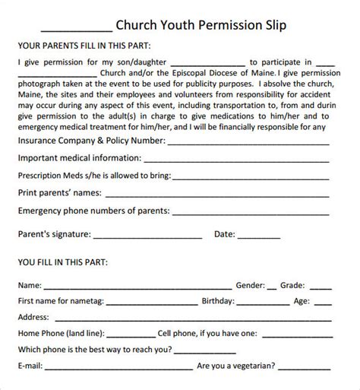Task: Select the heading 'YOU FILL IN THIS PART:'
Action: tap(61, 262)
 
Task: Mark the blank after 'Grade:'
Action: tap(321, 289)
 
